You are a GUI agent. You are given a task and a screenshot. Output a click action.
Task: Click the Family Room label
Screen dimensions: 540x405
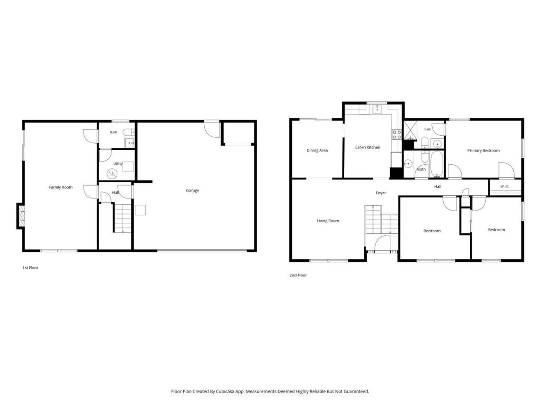pos(61,187)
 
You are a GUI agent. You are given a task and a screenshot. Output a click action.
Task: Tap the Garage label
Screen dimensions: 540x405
pos(192,190)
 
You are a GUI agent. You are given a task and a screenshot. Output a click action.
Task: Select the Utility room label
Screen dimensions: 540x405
pos(118,163)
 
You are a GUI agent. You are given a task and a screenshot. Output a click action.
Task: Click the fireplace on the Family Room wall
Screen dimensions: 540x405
pos(22,216)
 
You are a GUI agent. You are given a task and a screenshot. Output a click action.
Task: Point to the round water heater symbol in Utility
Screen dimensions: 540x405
pos(112,174)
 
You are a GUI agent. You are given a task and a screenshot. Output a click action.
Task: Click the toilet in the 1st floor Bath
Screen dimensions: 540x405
pos(128,132)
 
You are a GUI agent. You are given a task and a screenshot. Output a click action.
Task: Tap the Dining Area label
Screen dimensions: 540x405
pos(317,150)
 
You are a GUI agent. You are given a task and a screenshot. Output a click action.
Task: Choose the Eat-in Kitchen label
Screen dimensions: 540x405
pos(367,147)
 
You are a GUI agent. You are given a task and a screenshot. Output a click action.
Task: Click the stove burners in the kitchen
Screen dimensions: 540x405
pos(397,135)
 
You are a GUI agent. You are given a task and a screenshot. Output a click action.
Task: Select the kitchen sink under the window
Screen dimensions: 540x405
pos(377,109)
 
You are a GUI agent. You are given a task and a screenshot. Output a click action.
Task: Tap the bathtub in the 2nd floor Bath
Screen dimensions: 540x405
pos(436,164)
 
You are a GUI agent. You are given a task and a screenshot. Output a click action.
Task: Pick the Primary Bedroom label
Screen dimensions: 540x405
pos(483,150)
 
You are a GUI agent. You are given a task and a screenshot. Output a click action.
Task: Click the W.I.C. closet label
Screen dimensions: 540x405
pos(505,186)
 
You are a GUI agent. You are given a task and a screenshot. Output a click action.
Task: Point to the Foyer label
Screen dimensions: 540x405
pos(381,193)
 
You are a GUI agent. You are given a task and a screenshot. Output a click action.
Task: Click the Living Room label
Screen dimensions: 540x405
pos(328,221)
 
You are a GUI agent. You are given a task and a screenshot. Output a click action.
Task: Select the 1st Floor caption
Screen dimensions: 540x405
pos(30,268)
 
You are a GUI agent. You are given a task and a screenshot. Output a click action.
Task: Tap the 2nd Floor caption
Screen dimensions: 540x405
pos(298,275)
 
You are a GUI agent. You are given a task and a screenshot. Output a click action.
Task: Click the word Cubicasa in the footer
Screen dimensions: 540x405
pos(225,391)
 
